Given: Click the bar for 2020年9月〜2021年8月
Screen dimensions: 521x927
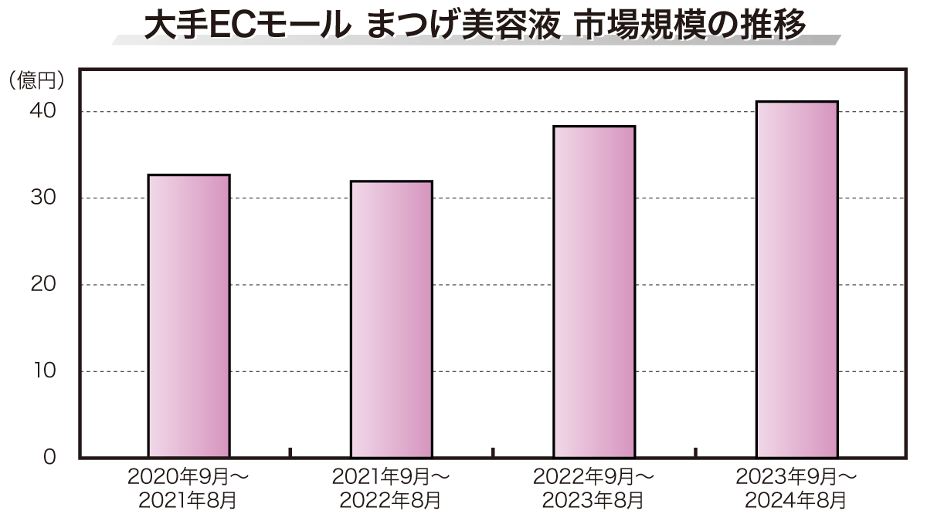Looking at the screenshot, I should pyautogui.click(x=188, y=316).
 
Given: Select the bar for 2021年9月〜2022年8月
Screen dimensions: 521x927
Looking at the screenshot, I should pyautogui.click(x=391, y=320).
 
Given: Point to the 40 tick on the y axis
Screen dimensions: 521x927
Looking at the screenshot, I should pyautogui.click(x=44, y=111).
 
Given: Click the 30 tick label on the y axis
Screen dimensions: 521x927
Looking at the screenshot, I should pyautogui.click(x=44, y=198).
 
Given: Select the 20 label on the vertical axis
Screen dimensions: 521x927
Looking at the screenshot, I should pyautogui.click(x=44, y=285).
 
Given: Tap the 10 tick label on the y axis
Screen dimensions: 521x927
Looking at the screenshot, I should pyautogui.click(x=44, y=371).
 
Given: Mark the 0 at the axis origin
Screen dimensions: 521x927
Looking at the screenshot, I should pyautogui.click(x=49, y=457).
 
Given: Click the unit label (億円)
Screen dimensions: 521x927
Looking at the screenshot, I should pyautogui.click(x=36, y=80).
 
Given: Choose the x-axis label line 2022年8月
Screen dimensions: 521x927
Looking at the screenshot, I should pyautogui.click(x=391, y=501).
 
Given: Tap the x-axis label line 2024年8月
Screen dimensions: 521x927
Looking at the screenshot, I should pyautogui.click(x=796, y=501).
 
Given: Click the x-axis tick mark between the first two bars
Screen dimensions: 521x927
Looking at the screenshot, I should pyautogui.click(x=290, y=452).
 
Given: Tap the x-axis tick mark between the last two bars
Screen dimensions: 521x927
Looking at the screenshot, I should pyautogui.click(x=695, y=452).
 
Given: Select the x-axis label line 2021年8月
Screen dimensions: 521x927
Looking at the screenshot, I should pyautogui.click(x=188, y=501).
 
